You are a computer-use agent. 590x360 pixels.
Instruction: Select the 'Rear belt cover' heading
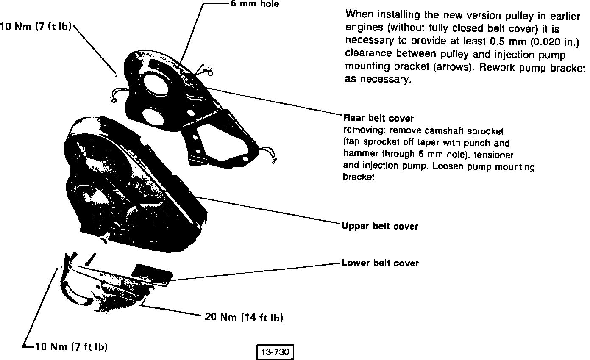click(378, 118)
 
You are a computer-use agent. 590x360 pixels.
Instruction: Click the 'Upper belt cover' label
click(380, 226)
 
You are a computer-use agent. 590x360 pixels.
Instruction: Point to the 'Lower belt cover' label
click(380, 263)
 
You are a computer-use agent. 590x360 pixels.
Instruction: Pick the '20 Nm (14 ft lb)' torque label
click(244, 317)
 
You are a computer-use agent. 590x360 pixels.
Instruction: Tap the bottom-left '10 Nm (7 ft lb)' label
click(70, 347)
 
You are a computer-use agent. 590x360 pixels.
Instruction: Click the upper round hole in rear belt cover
click(156, 80)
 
